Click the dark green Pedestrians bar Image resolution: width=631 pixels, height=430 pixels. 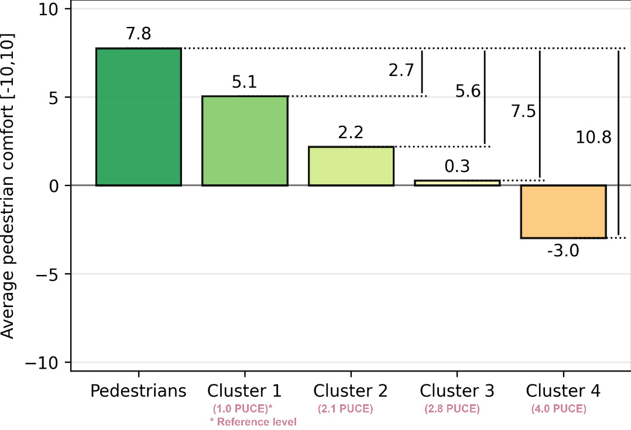coord(139,117)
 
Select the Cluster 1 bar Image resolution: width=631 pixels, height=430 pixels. coord(245,141)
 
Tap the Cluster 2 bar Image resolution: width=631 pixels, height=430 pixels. coord(351,166)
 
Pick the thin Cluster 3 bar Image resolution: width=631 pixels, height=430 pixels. coord(457,183)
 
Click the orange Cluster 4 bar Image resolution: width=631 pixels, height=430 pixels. coord(563,212)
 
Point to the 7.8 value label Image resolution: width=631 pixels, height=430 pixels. coord(139,35)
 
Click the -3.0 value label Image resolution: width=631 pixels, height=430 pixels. coord(563,252)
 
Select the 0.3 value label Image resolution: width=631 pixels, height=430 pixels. coord(457,167)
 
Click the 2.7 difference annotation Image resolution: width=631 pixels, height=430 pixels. coord(401,71)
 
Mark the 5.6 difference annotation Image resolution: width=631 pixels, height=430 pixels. coord(468,91)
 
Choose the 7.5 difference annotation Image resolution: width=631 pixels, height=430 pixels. coord(523,112)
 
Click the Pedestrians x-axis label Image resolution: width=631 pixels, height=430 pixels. coord(139,391)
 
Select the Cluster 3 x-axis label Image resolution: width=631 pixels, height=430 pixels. coord(457,391)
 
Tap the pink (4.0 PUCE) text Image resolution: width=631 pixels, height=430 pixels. coord(558,409)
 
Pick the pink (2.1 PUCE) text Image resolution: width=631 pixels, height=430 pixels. coord(345,409)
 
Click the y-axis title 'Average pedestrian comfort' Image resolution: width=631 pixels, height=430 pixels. coord(8,185)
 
